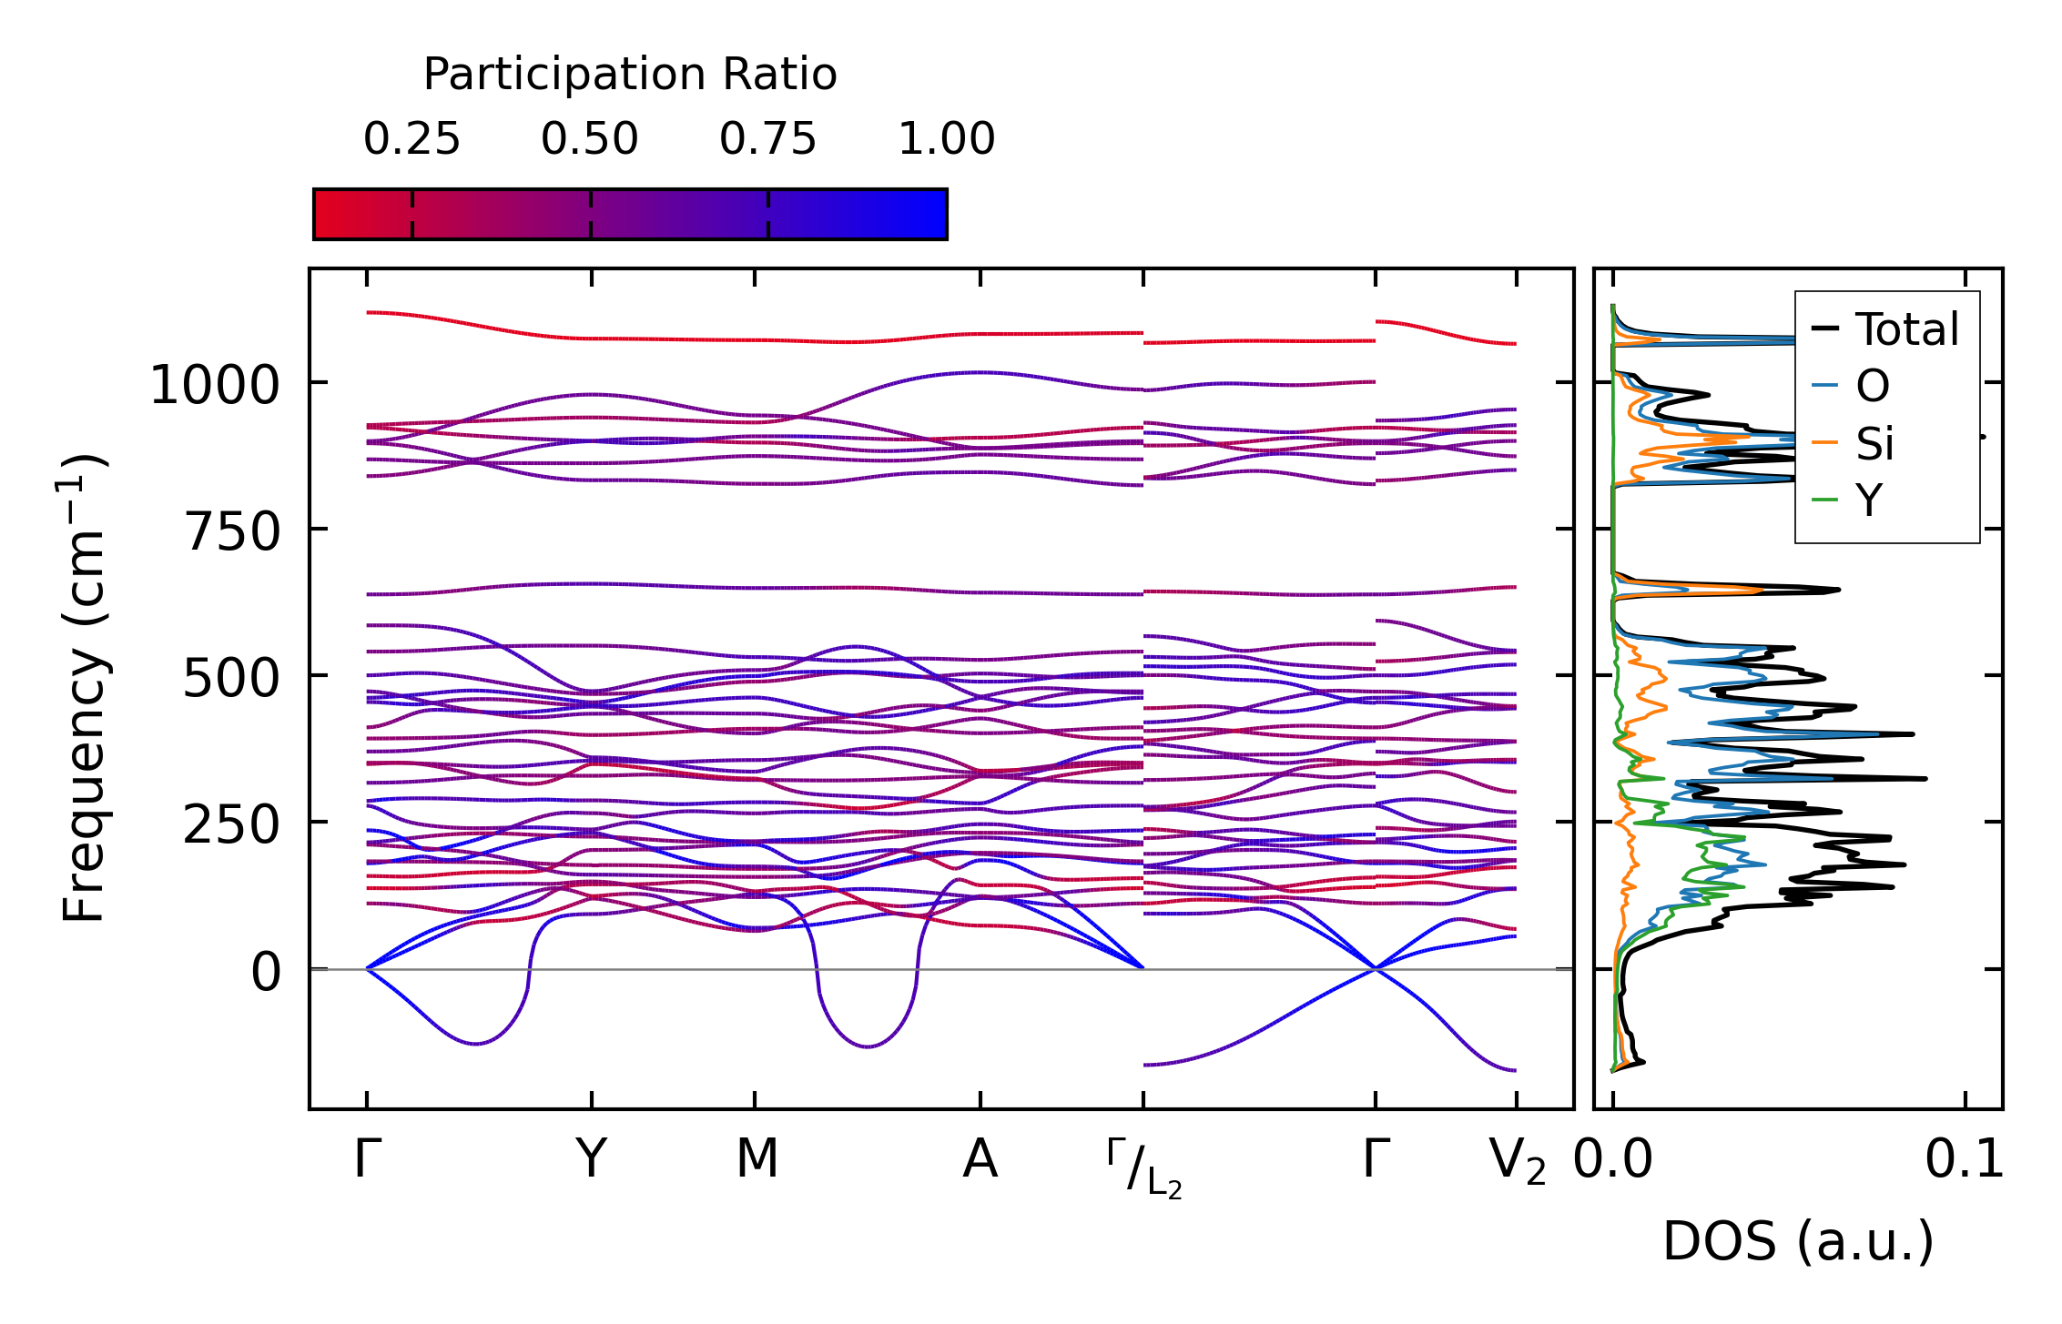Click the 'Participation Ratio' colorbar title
(630, 74)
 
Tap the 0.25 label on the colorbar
(411, 139)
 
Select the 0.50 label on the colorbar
(590, 139)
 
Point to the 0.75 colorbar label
(767, 139)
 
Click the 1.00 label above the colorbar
(947, 139)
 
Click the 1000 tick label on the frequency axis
(214, 385)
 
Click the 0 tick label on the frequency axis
(266, 973)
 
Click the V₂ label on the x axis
(1517, 1163)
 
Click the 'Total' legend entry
(1906, 329)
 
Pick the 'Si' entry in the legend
(1874, 444)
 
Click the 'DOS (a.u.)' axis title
(1798, 1242)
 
